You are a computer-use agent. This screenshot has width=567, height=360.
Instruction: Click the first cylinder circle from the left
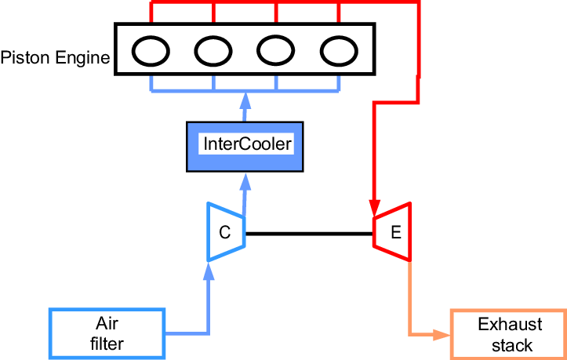click(151, 51)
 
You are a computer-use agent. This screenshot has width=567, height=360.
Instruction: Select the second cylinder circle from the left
click(213, 51)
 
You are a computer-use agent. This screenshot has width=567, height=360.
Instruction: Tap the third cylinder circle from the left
click(276, 51)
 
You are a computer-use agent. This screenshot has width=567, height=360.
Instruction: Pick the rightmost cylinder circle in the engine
click(339, 51)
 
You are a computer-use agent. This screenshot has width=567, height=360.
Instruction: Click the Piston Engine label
click(55, 58)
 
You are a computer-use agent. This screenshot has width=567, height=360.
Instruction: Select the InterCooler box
click(244, 146)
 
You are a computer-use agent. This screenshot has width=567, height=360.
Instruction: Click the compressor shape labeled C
click(226, 232)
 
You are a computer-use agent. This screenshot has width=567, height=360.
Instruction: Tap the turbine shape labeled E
click(391, 232)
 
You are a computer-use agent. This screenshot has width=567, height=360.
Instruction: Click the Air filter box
click(107, 333)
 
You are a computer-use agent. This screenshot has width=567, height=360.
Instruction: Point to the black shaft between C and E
click(308, 233)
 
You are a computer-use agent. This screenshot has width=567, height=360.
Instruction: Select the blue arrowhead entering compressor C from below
click(209, 271)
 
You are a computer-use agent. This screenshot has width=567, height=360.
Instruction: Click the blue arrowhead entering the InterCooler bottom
click(245, 181)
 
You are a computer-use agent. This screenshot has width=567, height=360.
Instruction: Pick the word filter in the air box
click(107, 343)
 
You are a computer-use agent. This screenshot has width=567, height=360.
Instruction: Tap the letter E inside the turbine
click(395, 232)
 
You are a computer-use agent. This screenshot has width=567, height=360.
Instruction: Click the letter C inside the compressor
click(224, 232)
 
